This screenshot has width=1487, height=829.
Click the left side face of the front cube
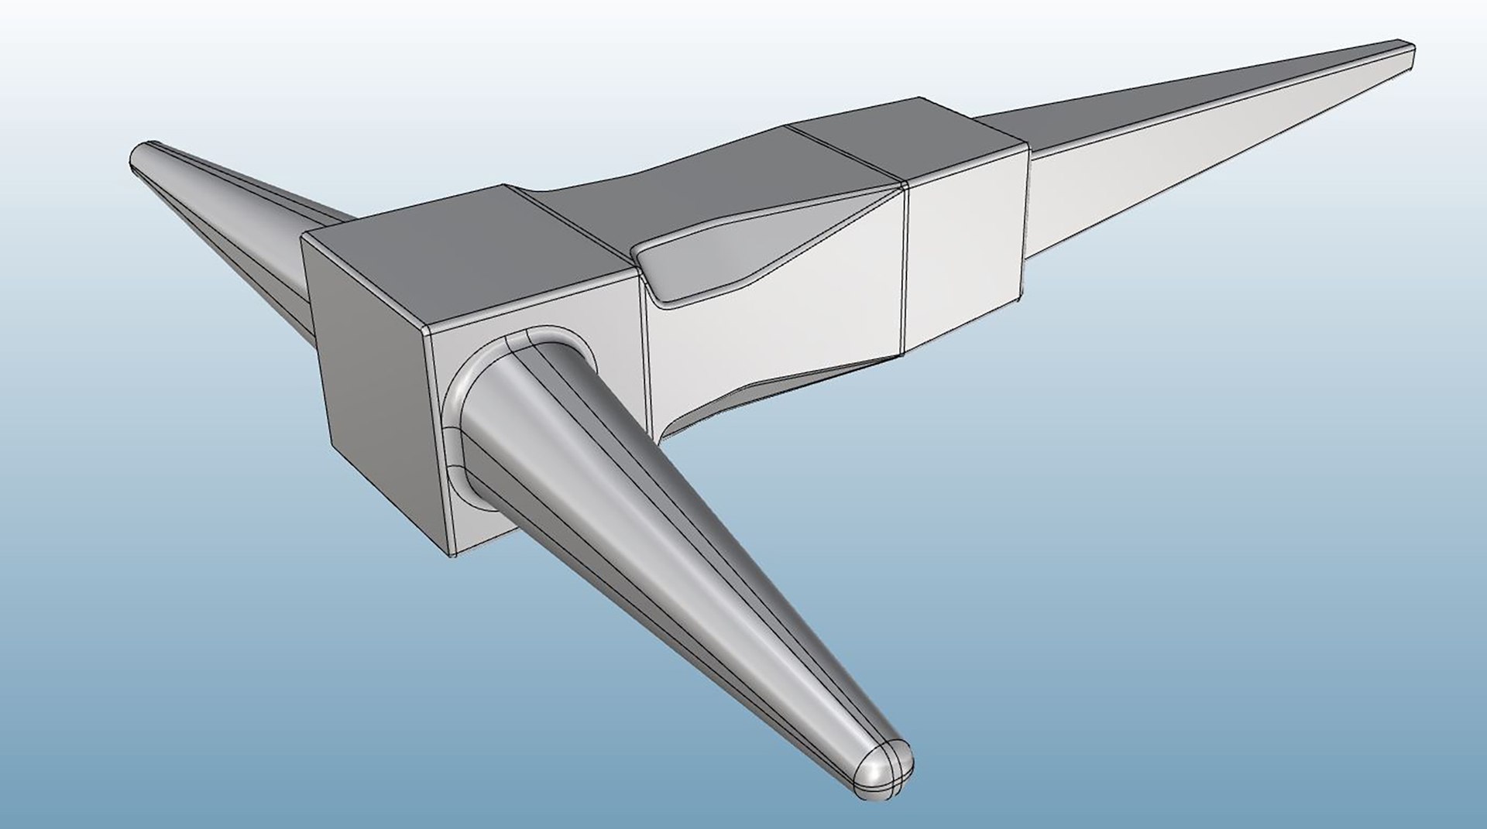pyautogui.click(x=372, y=379)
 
